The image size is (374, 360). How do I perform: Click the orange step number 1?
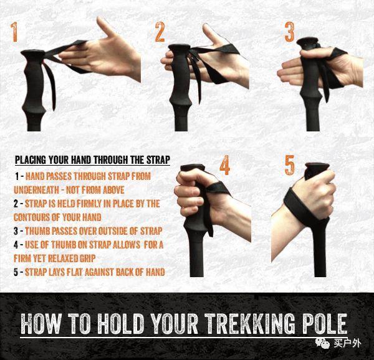(14, 32)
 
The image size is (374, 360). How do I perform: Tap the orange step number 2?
(160, 32)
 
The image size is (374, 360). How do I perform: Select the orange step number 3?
(290, 32)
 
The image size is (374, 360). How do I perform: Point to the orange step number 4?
(224, 165)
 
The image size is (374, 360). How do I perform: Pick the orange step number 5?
(290, 165)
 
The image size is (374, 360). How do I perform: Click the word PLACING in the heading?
(31, 159)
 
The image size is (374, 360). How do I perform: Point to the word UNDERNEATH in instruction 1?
(36, 190)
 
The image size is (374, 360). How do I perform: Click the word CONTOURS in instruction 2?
(31, 217)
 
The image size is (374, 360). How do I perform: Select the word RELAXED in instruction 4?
(63, 258)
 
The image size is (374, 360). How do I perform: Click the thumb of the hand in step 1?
(107, 27)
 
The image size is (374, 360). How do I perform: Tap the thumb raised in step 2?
(211, 34)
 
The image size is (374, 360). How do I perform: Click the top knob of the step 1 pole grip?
(32, 54)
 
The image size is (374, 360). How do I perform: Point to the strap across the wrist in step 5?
(301, 207)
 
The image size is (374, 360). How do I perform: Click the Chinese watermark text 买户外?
(347, 343)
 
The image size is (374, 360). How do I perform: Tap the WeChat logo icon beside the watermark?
(323, 343)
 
